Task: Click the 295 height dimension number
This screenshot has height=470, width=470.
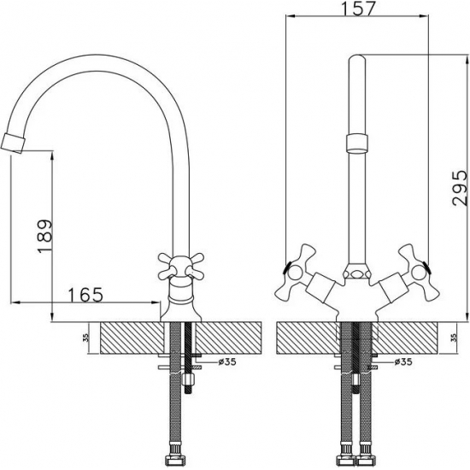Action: (x=460, y=188)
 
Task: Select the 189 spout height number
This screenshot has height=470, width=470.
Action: (x=45, y=237)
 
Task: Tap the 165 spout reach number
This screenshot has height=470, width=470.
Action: (x=86, y=295)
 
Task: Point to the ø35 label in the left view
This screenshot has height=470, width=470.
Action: (x=227, y=362)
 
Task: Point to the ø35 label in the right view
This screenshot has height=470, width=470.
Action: (x=403, y=361)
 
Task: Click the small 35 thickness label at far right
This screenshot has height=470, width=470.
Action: (x=455, y=338)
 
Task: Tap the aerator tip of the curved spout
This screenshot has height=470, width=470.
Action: (x=13, y=144)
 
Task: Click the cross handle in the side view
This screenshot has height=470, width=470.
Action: (x=181, y=265)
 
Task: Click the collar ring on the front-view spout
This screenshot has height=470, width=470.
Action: (x=357, y=144)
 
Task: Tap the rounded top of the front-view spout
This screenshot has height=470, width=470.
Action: (x=357, y=59)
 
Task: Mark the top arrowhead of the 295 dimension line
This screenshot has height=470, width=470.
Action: (x=467, y=59)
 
